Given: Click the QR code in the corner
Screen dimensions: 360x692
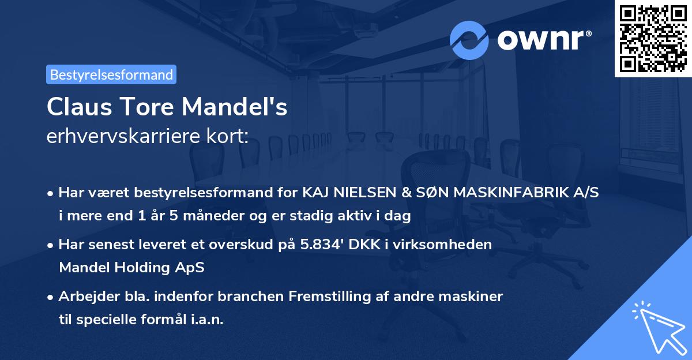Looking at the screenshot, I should (653, 39).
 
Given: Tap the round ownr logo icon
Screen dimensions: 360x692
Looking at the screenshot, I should (469, 40).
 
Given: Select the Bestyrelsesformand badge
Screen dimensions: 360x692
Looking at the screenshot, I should (111, 74).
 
